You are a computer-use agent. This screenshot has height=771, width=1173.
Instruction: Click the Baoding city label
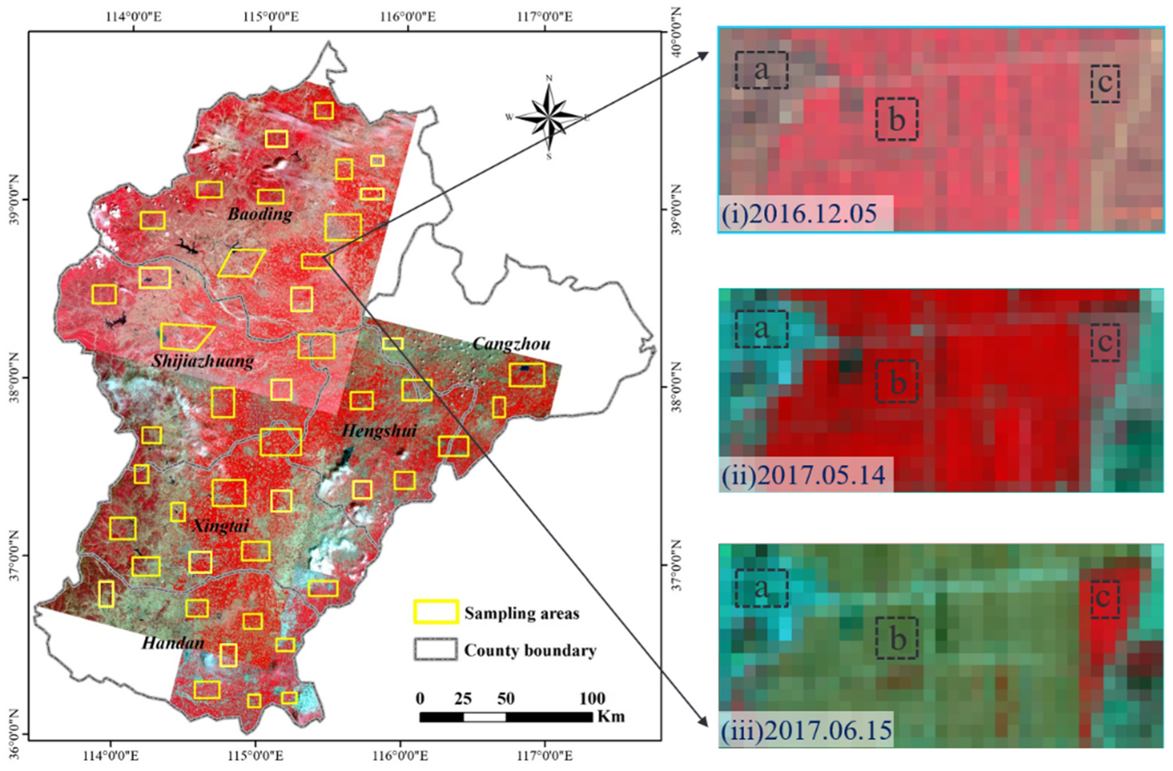tap(260, 214)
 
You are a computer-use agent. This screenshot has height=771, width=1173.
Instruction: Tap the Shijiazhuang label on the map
tap(203, 361)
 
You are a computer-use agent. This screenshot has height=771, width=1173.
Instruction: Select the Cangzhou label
tap(511, 344)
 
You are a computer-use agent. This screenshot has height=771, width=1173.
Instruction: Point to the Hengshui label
tap(379, 431)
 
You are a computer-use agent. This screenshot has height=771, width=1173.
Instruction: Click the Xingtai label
tap(221, 525)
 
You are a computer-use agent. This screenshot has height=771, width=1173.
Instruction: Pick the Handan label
tap(172, 643)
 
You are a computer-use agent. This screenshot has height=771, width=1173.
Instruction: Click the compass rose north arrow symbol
tap(549, 117)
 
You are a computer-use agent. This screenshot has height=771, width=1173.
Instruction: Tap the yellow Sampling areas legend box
tap(435, 612)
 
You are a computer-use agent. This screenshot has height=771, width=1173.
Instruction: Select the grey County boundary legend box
tap(435, 649)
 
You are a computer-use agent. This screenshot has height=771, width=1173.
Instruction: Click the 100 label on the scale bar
tap(592, 699)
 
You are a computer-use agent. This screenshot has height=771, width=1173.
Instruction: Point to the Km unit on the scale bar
tap(611, 716)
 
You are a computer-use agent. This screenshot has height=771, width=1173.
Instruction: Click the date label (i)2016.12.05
tap(799, 214)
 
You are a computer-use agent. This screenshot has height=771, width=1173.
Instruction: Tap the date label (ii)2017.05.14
tap(803, 475)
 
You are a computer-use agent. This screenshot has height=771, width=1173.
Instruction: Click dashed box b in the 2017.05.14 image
tap(896, 382)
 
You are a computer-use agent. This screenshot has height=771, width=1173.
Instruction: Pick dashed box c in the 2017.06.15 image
tap(1105, 599)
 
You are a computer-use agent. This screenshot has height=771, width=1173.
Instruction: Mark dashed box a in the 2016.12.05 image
tap(762, 71)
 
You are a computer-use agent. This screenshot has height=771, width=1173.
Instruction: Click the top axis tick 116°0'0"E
tap(408, 16)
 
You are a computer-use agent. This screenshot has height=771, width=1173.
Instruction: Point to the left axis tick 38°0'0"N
tap(14, 377)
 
